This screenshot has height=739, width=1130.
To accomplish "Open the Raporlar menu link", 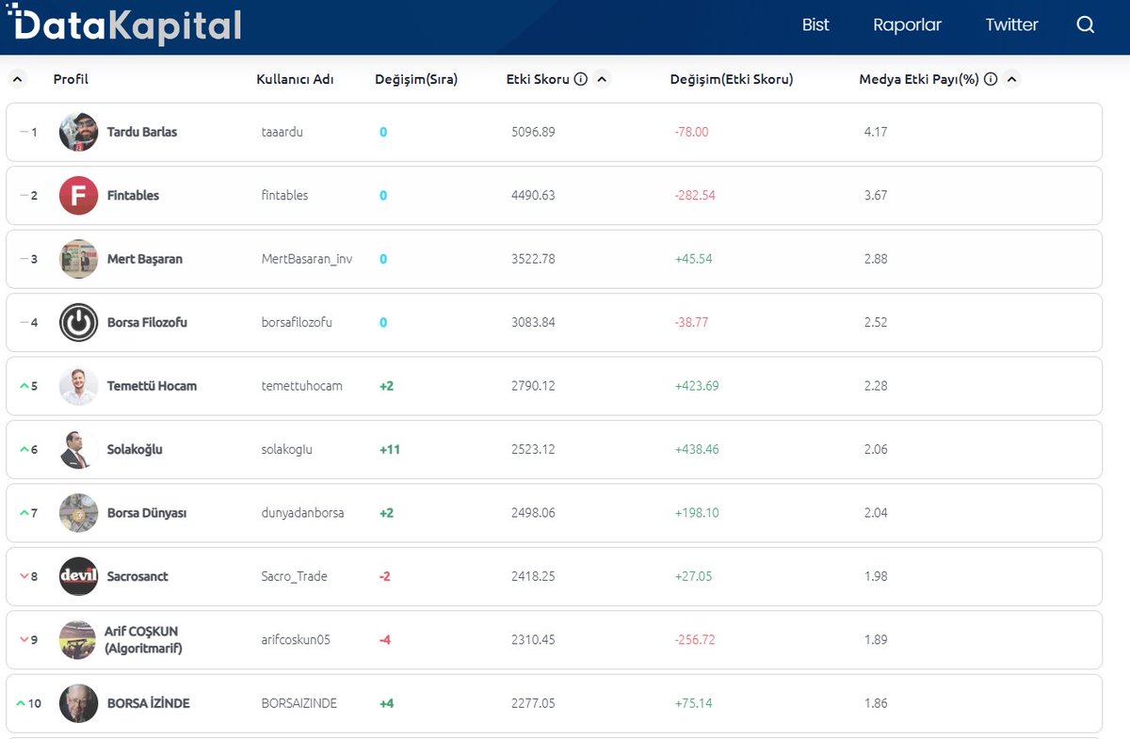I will click(907, 25).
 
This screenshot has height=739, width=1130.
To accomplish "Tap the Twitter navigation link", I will click(1011, 25).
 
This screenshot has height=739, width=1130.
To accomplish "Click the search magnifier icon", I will click(1086, 25).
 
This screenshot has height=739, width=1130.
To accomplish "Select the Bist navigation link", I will click(815, 25).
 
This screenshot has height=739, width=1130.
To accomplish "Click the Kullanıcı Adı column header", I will click(295, 79).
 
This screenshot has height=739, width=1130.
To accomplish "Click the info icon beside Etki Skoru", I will click(581, 79).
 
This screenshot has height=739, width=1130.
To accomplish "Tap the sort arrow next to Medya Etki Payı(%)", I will click(1011, 79).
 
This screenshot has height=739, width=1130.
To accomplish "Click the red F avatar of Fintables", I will click(78, 196).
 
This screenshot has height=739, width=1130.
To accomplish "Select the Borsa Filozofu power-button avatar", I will click(78, 322).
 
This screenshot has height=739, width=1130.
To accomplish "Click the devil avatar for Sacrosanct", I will click(78, 576).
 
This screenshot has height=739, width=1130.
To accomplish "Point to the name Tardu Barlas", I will click(141, 132).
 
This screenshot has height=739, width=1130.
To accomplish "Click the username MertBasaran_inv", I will click(307, 259).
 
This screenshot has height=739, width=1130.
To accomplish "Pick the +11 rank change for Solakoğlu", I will click(390, 449).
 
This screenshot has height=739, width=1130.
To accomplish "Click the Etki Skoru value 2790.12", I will click(533, 386).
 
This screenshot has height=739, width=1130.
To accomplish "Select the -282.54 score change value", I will click(695, 196).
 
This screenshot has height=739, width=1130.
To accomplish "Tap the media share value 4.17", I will click(875, 132).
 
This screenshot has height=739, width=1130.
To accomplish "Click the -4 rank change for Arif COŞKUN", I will click(384, 640).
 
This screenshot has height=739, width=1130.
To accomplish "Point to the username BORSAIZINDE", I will click(299, 703).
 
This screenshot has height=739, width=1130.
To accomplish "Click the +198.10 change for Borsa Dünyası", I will click(697, 513).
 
